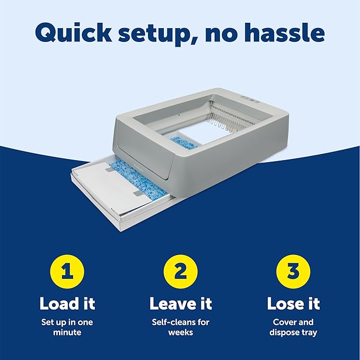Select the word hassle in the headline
[x=286, y=32]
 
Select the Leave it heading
[x=180, y=303]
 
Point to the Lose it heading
[x=293, y=303]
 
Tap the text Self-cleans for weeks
[x=180, y=327]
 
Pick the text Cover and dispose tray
[x=293, y=327]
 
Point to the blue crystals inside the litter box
[x=183, y=142]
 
